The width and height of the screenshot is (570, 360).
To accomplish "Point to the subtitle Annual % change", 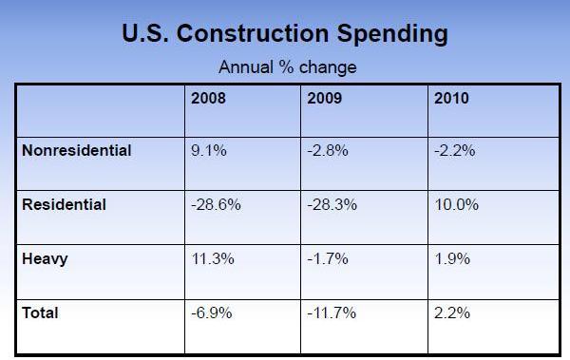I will click(287, 67).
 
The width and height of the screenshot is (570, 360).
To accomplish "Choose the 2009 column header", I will click(326, 98).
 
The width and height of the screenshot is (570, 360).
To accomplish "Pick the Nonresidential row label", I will click(76, 150).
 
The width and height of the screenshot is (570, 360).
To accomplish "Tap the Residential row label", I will click(63, 204).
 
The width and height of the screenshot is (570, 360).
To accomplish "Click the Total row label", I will click(40, 313).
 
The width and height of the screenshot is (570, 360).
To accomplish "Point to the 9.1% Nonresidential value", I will click(209, 150).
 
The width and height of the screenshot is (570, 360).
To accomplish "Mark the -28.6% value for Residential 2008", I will click(216, 204).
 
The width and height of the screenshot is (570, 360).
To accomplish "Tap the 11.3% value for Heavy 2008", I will click(213, 258).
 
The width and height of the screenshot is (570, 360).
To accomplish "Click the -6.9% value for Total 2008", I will click(212, 313).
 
